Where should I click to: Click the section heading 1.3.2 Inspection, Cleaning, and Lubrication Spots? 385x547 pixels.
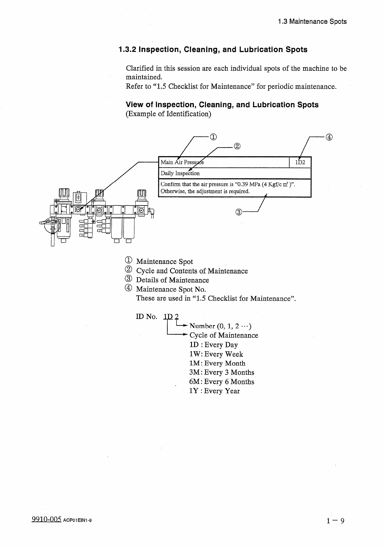[213, 50]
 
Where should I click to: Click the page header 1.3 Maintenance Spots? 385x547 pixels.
[312, 22]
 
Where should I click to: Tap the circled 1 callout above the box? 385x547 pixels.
[213, 137]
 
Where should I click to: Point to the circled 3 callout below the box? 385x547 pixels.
[239, 212]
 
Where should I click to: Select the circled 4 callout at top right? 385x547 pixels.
[329, 137]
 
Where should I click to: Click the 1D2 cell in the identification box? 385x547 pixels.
[300, 162]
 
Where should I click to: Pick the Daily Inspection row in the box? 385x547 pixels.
[180, 173]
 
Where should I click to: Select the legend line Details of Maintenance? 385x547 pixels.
[172, 280]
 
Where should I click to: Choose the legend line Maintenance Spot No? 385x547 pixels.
[171, 289]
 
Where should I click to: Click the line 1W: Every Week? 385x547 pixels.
[216, 354]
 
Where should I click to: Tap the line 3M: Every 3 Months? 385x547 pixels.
[222, 373]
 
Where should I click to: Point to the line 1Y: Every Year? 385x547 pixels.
[214, 391]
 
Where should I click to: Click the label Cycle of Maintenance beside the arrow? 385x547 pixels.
[224, 336]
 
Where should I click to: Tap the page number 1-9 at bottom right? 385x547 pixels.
[335, 521]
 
